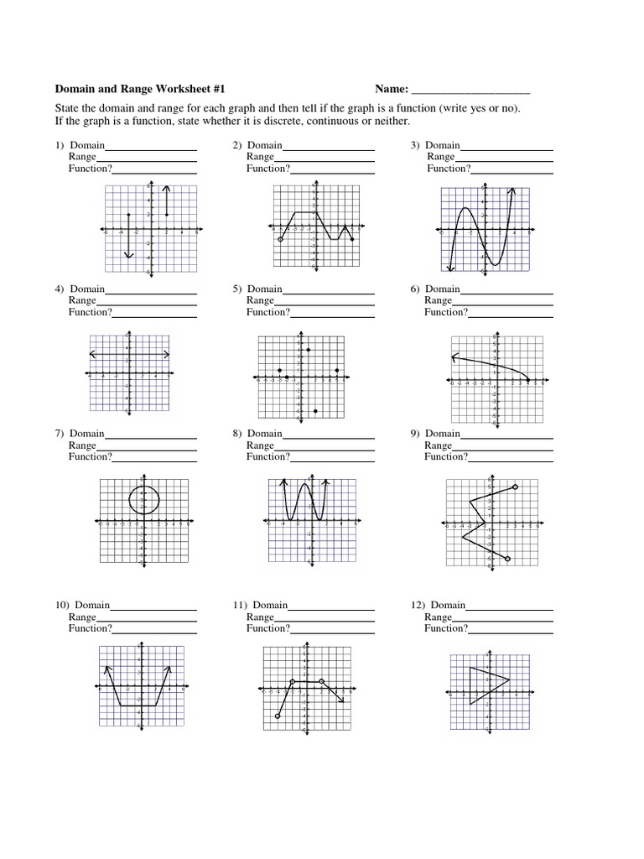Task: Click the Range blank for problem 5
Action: click(325, 301)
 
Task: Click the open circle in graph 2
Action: click(281, 240)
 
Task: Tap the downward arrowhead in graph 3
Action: click(450, 268)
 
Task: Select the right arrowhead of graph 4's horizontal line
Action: click(168, 353)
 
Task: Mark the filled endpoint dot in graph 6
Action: click(527, 380)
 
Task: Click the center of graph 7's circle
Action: click(143, 500)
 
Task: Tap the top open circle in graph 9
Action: click(515, 487)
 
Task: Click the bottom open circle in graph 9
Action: click(508, 559)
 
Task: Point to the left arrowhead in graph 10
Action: click(106, 668)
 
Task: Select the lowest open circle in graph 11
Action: click(278, 716)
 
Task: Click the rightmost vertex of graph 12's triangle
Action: click(509, 679)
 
